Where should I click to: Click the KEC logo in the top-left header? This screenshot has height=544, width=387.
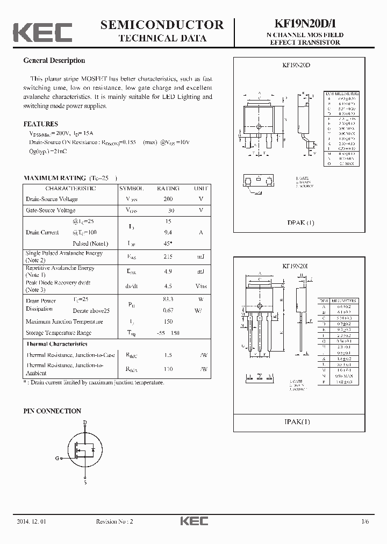click(42, 32)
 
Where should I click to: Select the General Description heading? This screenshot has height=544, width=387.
click(54, 61)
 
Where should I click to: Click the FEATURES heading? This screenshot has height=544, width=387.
click(41, 124)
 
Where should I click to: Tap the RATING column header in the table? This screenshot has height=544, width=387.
click(168, 189)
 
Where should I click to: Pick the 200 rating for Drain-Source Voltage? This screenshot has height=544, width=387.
click(168, 199)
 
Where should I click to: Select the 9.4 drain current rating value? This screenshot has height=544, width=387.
click(168, 232)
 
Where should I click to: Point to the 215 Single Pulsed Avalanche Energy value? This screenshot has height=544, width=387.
click(168, 256)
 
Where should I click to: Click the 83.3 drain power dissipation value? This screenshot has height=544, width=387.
click(168, 299)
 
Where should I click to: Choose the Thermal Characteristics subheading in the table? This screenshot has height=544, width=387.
click(56, 344)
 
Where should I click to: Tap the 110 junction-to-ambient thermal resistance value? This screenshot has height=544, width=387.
click(168, 369)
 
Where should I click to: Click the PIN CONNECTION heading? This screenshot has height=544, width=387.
click(52, 411)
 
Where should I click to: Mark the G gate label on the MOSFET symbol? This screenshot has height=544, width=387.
click(57, 458)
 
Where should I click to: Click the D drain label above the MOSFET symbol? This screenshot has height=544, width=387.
click(85, 423)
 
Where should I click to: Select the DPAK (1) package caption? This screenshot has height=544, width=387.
click(301, 223)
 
